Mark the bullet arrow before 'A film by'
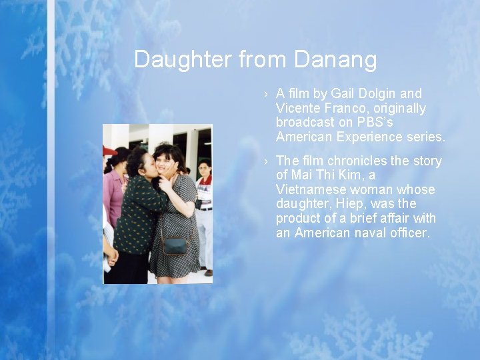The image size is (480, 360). (x=265, y=94)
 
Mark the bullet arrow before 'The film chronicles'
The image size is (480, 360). (x=265, y=161)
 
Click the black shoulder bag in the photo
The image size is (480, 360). (x=175, y=246)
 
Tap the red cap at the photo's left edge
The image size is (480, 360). (x=109, y=151)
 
